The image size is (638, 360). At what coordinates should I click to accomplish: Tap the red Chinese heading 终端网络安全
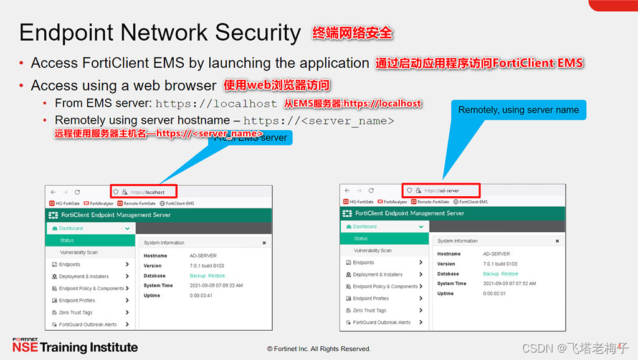(353, 32)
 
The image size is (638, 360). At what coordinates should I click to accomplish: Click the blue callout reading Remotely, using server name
(518, 110)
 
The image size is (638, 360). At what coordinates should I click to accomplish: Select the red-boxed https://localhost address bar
(144, 192)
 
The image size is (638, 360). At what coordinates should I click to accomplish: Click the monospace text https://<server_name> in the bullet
(318, 120)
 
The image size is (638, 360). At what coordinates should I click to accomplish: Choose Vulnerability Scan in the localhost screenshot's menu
(79, 252)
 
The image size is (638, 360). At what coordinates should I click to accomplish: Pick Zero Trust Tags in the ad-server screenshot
(369, 310)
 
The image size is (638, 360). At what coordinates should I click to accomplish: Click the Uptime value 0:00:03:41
(201, 295)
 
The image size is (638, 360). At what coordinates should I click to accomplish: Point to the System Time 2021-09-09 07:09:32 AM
(216, 285)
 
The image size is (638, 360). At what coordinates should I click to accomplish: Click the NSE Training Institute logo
(75, 346)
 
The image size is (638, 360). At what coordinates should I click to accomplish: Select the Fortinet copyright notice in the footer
(318, 349)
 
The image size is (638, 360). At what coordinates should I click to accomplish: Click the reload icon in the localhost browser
(77, 192)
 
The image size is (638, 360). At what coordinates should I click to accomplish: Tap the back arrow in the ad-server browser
(347, 191)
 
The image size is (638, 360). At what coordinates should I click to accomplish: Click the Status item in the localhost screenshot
(67, 240)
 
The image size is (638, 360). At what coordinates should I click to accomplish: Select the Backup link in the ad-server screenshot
(491, 273)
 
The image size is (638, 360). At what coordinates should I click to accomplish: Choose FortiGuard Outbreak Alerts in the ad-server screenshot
(381, 322)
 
